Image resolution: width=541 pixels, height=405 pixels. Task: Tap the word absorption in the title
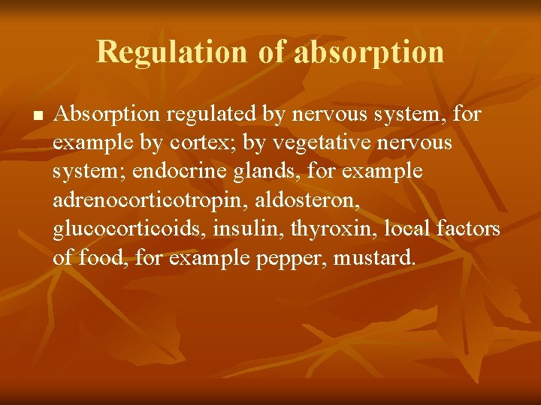369,52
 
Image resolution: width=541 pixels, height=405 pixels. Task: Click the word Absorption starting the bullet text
107,115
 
